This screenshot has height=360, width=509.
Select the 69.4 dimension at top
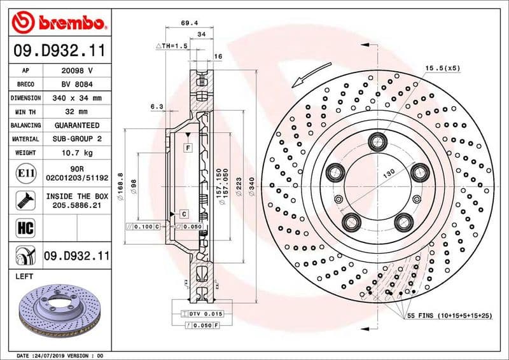[188, 23]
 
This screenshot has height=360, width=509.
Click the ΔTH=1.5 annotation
[171, 46]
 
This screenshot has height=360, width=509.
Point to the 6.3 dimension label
[157, 106]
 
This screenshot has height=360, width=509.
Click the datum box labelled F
[188, 148]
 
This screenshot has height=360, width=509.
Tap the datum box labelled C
[183, 214]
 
